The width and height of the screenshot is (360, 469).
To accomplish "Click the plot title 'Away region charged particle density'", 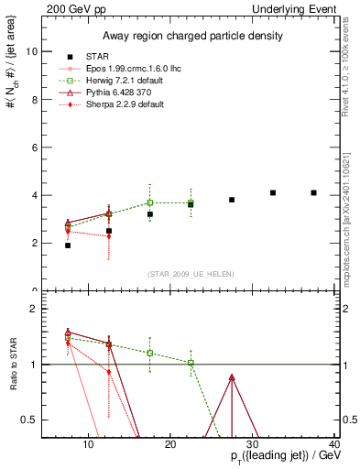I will click(x=191, y=36).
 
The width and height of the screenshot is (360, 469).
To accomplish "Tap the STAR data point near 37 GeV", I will click(x=314, y=192).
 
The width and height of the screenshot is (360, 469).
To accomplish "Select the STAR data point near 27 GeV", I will click(x=232, y=200).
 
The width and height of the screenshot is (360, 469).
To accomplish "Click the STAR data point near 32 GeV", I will click(x=273, y=192).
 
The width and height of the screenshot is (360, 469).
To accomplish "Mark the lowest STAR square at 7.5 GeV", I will click(x=68, y=245).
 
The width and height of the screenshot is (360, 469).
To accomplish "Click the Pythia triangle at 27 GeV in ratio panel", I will click(x=232, y=377).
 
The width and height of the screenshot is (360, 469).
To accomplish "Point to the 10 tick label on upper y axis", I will click(x=33, y=51).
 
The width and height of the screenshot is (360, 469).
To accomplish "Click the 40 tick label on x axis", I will click(x=334, y=445).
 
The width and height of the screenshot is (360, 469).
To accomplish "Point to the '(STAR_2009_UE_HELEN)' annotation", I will click(x=191, y=273).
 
